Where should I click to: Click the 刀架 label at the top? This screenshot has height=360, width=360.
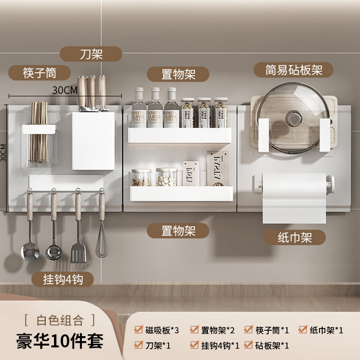tap(92, 54)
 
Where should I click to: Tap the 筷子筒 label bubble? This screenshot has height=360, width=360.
tap(40, 72)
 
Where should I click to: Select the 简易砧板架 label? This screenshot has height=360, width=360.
tap(294, 70)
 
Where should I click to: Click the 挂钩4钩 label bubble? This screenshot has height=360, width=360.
tap(63, 279)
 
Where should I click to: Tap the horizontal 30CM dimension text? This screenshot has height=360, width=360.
tap(65, 90)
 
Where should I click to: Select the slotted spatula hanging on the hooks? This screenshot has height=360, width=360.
tap(76, 252)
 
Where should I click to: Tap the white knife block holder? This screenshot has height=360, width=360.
tap(93, 140)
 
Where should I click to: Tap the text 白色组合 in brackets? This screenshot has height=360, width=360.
tap(60, 320)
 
